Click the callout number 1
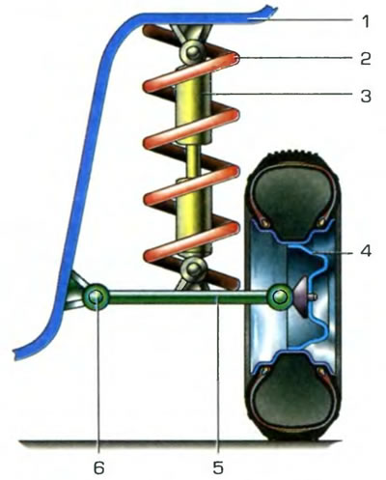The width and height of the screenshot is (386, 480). tap(365, 21)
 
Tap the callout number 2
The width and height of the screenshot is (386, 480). tap(366, 58)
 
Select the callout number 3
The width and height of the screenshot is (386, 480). tap(366, 96)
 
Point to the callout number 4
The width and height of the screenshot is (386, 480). tap(366, 250)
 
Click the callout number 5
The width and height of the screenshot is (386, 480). tap(218, 466)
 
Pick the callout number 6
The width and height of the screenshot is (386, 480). tap(99, 466)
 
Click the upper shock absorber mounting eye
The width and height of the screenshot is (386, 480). tap(192, 51)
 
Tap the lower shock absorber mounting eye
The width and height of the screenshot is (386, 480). tap(193, 268)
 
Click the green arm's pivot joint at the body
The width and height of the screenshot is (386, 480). tap(96, 297)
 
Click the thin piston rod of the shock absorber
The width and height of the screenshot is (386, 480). tap(192, 162)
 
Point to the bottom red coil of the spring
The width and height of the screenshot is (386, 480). tap(191, 242)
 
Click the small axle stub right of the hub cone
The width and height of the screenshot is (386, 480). tap(314, 296)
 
